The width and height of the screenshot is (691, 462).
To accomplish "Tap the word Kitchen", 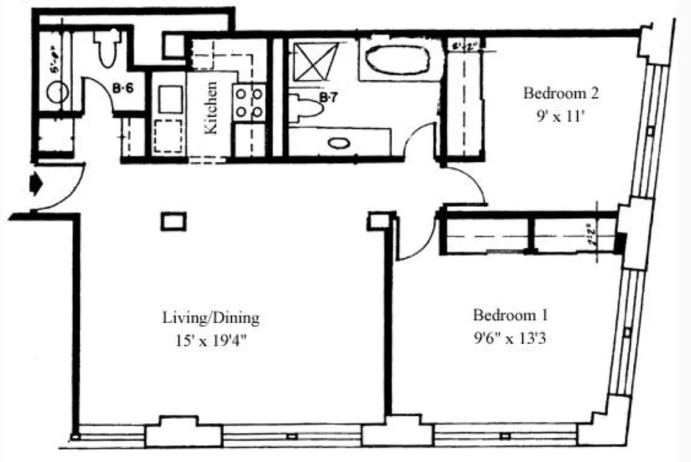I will [x=211, y=108].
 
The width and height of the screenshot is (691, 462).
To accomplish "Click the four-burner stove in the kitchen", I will [x=249, y=102].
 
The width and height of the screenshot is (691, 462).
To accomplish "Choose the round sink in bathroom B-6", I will [x=58, y=92].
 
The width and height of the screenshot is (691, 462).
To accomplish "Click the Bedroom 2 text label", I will [x=560, y=93].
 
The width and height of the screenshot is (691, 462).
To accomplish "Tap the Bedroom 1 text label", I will [x=510, y=315].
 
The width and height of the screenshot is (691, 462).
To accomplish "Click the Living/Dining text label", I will [x=211, y=317].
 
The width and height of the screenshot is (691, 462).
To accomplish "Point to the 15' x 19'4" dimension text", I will [x=211, y=340].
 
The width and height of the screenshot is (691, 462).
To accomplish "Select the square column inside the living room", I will [x=174, y=222].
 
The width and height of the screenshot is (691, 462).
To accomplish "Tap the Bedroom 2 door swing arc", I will [x=471, y=182].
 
